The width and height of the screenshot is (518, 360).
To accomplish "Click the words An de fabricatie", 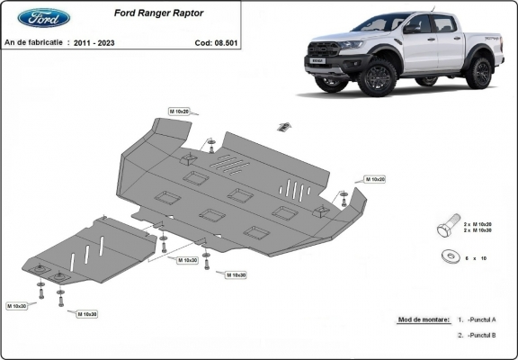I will tap(34, 42).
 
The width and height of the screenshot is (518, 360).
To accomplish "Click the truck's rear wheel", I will tap(478, 73).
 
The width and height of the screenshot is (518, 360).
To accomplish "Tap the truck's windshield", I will tap(383, 24).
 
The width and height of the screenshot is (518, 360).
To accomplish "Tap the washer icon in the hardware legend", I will tap(448, 257).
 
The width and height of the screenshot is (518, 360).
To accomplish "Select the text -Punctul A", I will tap(481, 320).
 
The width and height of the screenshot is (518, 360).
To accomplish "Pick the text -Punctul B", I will tap(481, 335).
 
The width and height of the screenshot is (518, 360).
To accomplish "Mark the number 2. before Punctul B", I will tap(460, 335).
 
